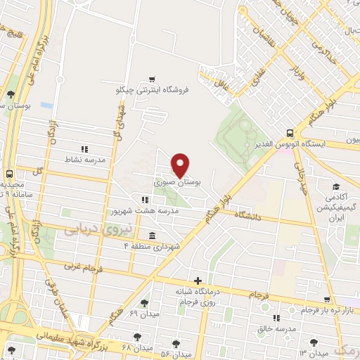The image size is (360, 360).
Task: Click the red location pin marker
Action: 181,165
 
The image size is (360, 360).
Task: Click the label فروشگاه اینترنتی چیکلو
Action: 153,91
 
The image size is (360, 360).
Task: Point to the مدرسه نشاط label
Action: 86,160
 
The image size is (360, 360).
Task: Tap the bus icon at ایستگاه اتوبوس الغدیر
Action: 290,133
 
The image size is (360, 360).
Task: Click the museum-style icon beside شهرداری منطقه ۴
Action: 153,236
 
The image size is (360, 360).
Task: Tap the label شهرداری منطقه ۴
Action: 153,246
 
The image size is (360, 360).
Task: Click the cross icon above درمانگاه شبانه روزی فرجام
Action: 198,281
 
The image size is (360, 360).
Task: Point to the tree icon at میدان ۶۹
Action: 143,303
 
